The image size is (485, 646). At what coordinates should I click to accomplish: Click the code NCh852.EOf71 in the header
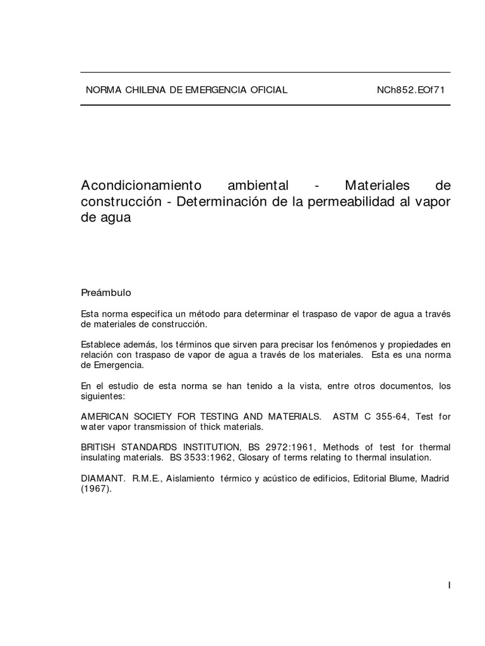pyautogui.click(x=410, y=90)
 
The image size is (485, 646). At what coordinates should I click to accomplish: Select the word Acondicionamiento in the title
pyautogui.click(x=141, y=186)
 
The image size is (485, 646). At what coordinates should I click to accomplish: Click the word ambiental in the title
pyautogui.click(x=258, y=186)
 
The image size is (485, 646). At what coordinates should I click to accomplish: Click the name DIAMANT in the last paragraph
pyautogui.click(x=103, y=479)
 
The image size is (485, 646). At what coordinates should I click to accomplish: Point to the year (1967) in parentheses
pyautogui.click(x=96, y=488)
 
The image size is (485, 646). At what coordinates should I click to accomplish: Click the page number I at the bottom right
pyautogui.click(x=449, y=585)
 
